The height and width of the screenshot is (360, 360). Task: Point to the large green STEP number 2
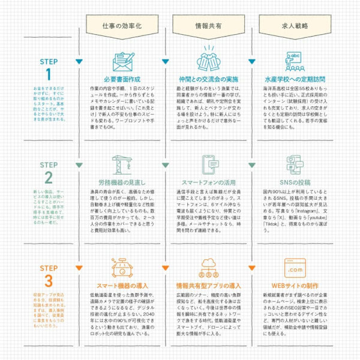pyautogui.click(x=49, y=178)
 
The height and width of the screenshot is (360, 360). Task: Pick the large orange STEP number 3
pyautogui.click(x=49, y=281)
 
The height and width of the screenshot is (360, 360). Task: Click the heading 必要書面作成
pyautogui.click(x=122, y=79)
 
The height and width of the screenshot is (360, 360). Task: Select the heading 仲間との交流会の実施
pyautogui.click(x=208, y=79)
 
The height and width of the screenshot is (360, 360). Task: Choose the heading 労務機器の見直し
pyautogui.click(x=122, y=181)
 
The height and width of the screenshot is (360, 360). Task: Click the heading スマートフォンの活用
pyautogui.click(x=208, y=181)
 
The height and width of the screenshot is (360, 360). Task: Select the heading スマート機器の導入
pyautogui.click(x=122, y=285)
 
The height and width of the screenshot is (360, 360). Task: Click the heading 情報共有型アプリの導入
pyautogui.click(x=208, y=285)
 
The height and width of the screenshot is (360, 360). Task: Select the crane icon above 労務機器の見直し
pyautogui.click(x=122, y=164)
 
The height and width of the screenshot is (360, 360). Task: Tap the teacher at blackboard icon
pyautogui.click(x=295, y=61)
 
